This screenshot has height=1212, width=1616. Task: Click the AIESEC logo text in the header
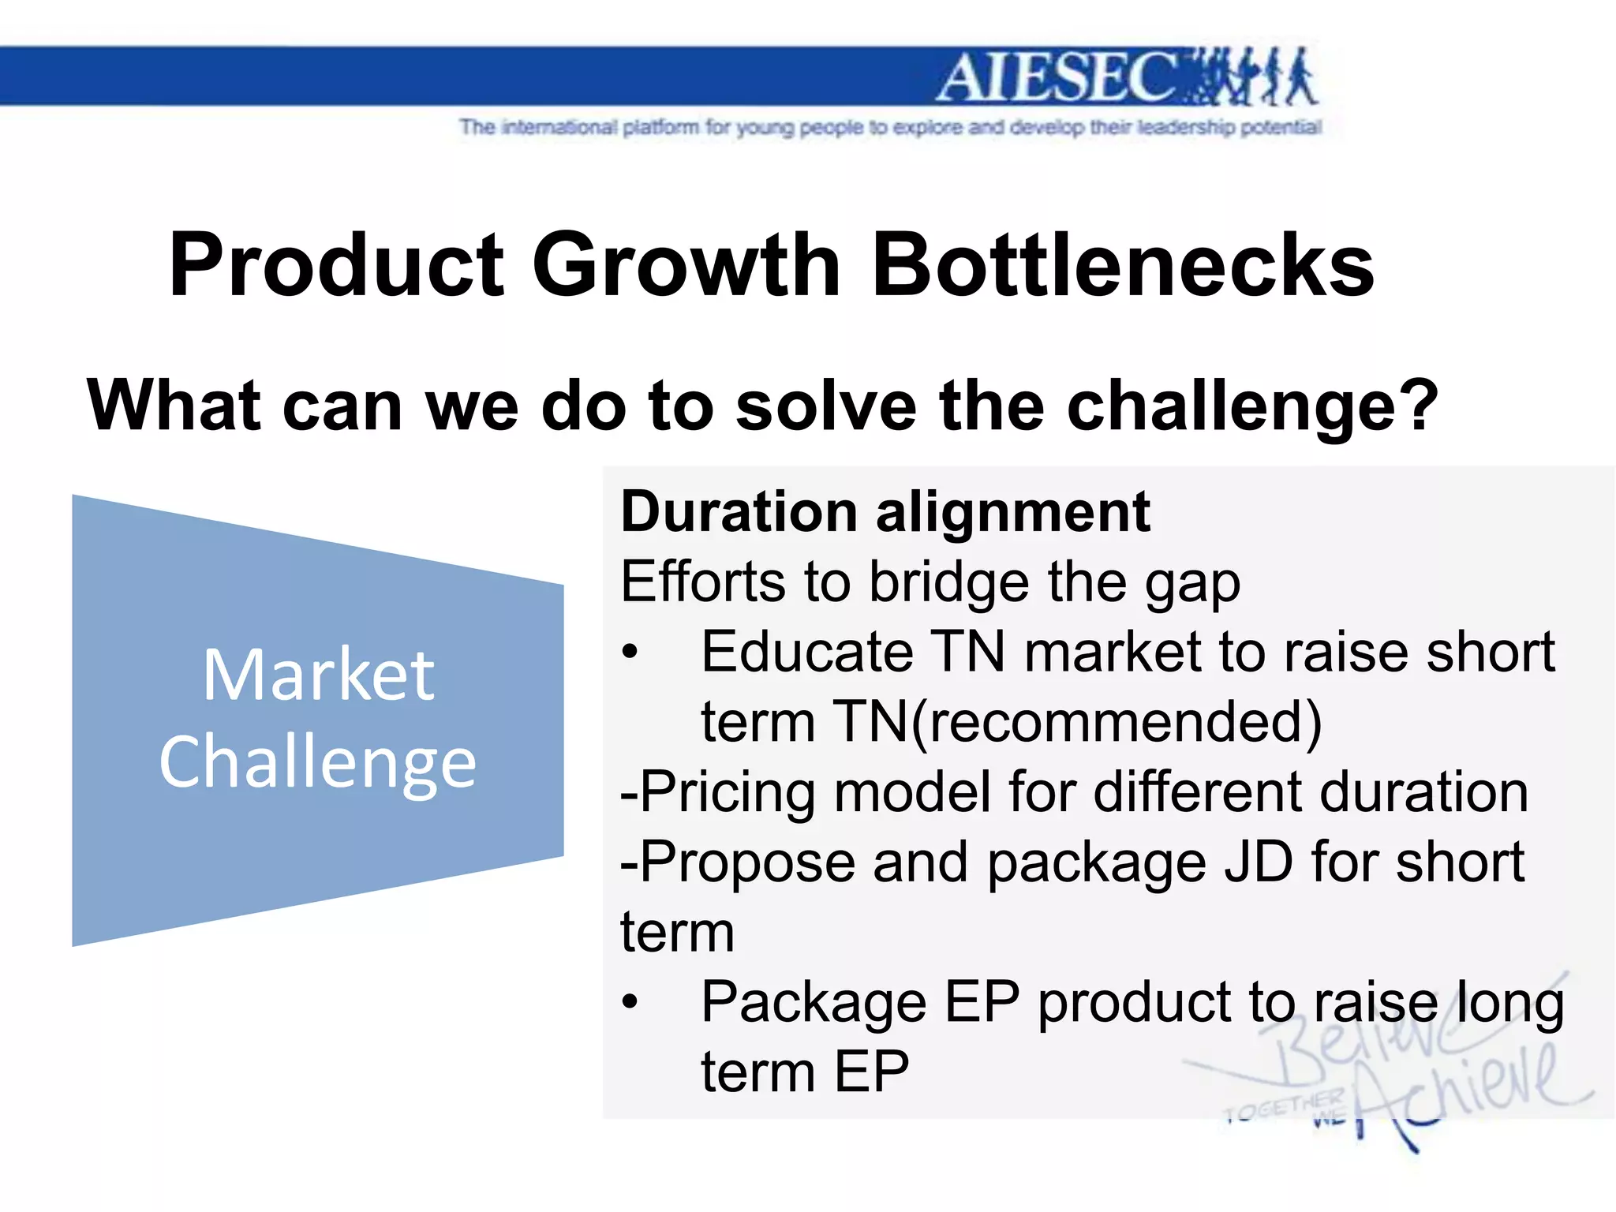[x=1057, y=77]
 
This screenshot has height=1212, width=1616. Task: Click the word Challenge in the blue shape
[x=318, y=761]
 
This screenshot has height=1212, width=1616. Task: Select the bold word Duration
[x=739, y=512]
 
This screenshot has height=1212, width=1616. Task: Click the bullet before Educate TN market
[x=629, y=653]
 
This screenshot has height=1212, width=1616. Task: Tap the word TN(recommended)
[x=1076, y=722]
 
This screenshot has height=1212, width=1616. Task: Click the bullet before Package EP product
[x=629, y=1002]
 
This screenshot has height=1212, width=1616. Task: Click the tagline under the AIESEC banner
[x=890, y=127]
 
